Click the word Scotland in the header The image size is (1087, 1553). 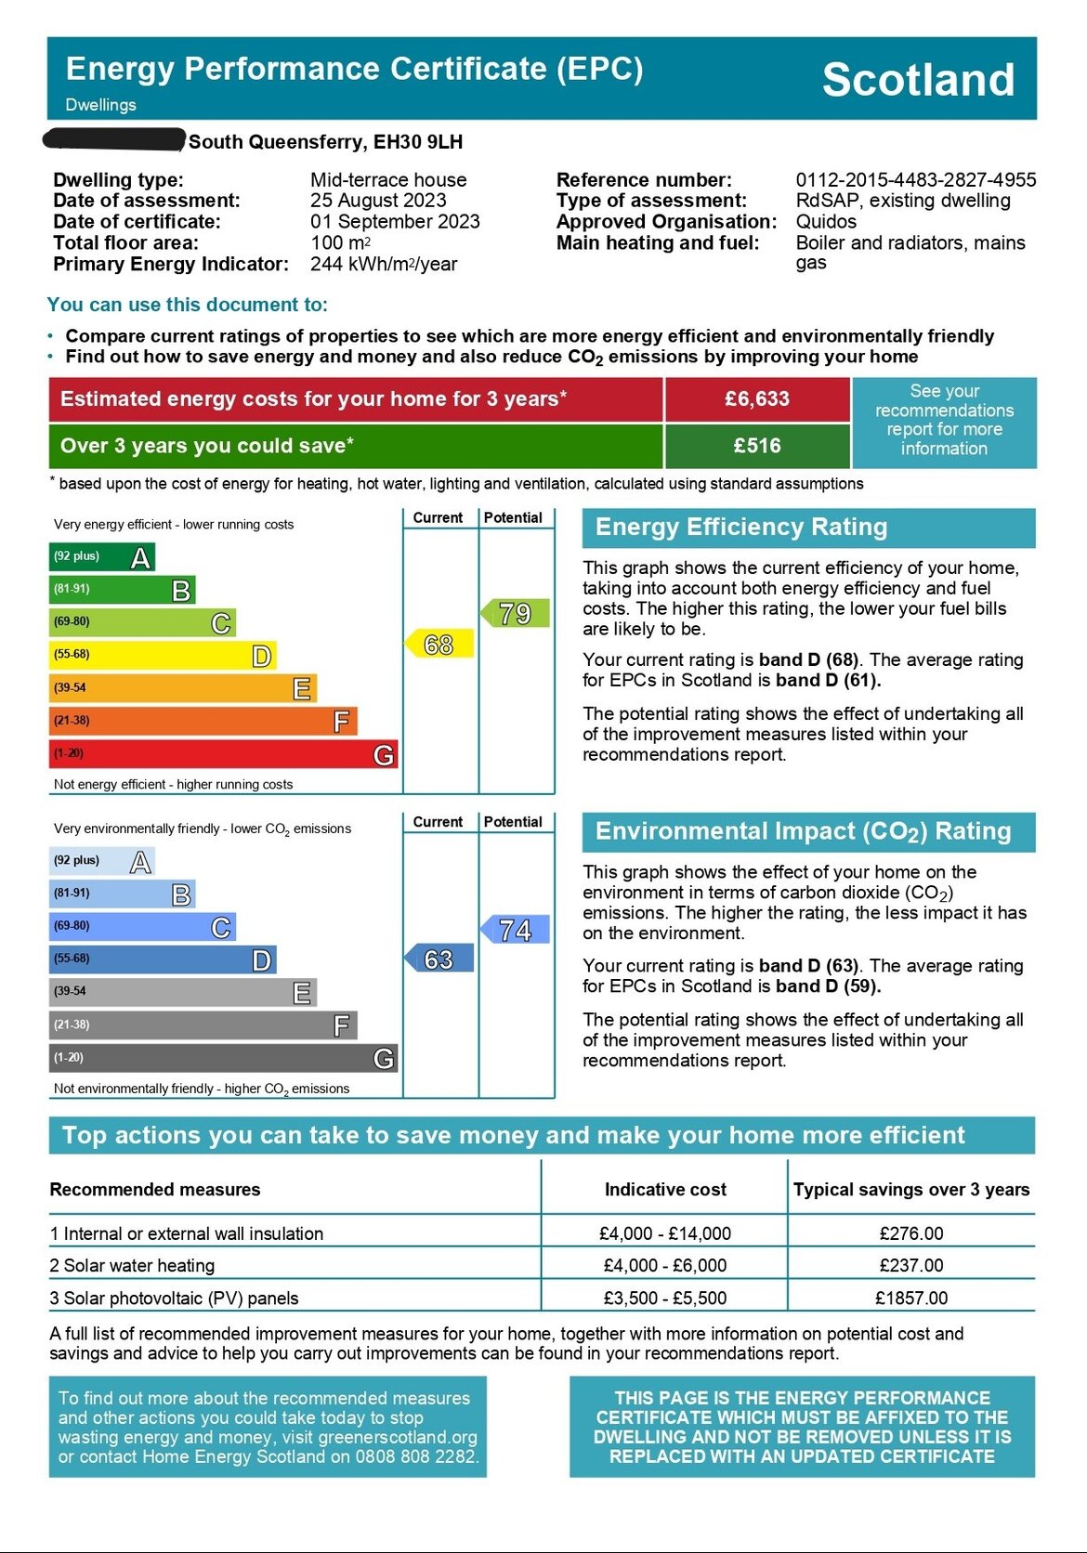pos(918,80)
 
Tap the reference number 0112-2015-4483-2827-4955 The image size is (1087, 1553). pos(915,180)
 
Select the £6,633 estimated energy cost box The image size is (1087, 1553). pos(757,399)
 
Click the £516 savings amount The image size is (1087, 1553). pos(757,446)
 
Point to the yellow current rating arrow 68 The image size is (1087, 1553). pos(439,644)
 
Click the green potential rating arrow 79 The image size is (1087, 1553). pos(516,613)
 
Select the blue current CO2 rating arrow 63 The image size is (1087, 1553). pos(439,959)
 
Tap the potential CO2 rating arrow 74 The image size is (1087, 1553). pos(516,929)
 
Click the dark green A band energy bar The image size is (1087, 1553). pos(102,557)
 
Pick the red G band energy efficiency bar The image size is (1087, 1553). pos(223,753)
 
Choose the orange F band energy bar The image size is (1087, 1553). pos(203,721)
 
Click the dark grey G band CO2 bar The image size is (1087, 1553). pos(223,1058)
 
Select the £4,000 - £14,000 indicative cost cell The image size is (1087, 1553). pos(665,1233)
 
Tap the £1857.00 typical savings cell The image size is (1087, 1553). pos(911,1298)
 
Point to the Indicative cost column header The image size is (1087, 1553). pos(665,1190)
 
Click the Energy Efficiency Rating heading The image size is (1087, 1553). pos(741,528)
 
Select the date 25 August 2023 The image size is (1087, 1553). pos(378,201)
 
